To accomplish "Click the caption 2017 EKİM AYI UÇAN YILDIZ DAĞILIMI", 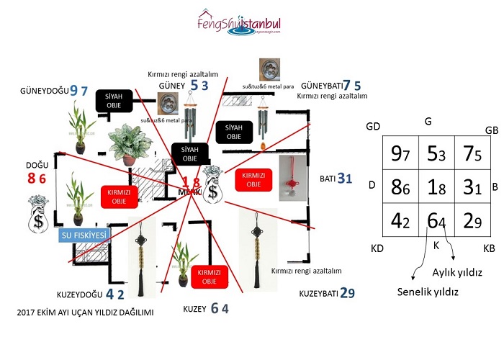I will pos(87,313).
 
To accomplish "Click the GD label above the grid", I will pos(373,126).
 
